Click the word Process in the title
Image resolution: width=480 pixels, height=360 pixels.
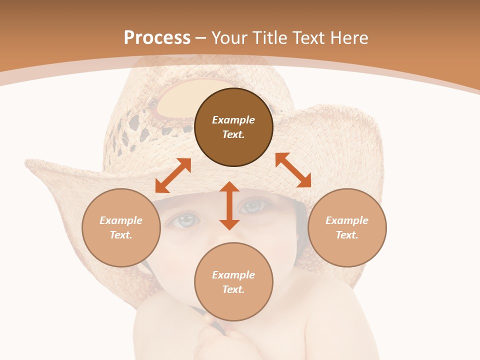(x=157, y=38)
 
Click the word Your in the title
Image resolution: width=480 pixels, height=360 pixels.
(x=229, y=38)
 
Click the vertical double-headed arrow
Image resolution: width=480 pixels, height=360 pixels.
(x=229, y=205)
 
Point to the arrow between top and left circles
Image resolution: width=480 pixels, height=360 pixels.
(x=173, y=175)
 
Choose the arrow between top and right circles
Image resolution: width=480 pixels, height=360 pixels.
(x=293, y=170)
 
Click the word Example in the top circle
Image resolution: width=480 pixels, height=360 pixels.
(x=233, y=120)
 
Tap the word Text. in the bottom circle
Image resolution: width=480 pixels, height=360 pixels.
(x=233, y=289)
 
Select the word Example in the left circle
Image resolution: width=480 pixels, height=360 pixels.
(x=121, y=220)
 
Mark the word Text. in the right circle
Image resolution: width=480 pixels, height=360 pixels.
(x=347, y=235)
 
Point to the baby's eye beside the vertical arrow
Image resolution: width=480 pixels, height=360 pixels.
(x=254, y=205)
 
